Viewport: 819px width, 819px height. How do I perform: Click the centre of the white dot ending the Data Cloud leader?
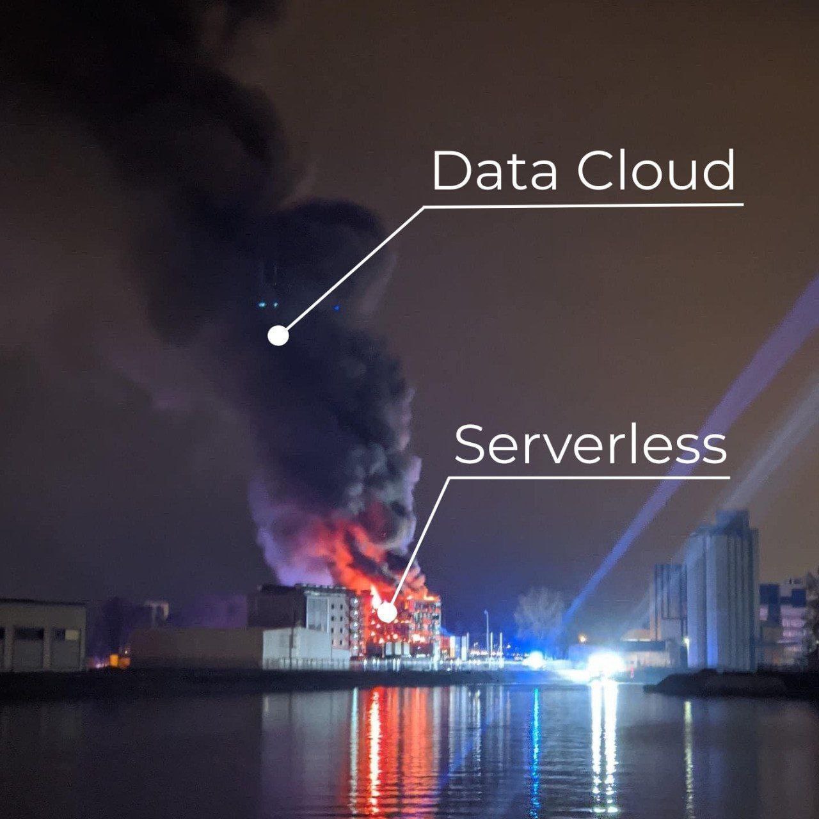[x=278, y=336]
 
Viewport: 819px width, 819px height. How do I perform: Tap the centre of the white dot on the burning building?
[x=386, y=612]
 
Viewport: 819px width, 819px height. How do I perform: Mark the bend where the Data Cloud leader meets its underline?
[x=424, y=207]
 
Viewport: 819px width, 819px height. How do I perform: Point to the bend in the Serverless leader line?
[x=449, y=478]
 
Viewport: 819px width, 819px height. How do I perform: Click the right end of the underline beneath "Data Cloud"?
[x=743, y=205]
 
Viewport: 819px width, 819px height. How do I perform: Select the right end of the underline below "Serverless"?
[x=730, y=477]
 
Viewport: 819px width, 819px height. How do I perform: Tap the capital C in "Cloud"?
[x=596, y=171]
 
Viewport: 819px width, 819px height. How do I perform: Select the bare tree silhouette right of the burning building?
[x=539, y=613]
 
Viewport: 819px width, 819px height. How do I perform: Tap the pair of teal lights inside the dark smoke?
[x=267, y=305]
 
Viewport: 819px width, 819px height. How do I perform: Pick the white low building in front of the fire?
[x=306, y=648]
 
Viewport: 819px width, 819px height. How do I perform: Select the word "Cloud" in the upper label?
[x=656, y=170]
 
